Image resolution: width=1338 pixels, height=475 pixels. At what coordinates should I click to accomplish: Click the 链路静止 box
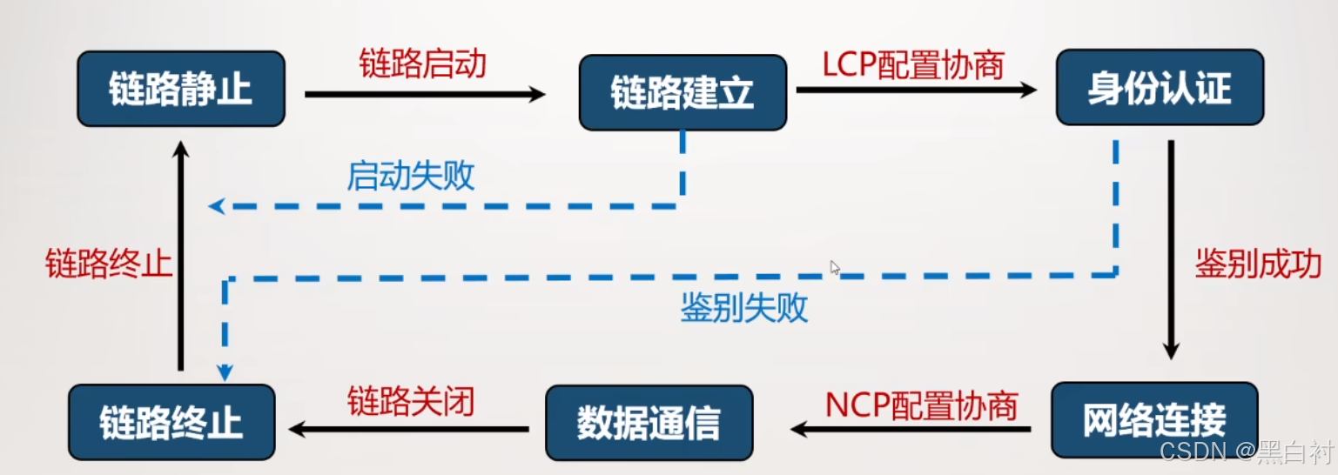tap(180, 89)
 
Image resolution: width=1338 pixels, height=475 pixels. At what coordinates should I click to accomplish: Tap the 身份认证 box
tap(1159, 88)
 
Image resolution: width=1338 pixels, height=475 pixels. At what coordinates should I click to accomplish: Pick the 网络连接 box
tap(1153, 420)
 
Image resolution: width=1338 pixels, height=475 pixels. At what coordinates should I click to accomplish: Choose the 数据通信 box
tap(649, 423)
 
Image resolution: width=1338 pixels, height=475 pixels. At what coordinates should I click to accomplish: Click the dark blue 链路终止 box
tap(171, 423)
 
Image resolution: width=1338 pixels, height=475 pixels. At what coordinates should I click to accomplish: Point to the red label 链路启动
tap(422, 64)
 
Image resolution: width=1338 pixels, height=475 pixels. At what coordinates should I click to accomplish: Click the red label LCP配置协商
tap(913, 64)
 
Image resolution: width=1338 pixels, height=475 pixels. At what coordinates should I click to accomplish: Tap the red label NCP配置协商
tap(921, 405)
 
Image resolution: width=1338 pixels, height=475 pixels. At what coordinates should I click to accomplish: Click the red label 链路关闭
tap(411, 402)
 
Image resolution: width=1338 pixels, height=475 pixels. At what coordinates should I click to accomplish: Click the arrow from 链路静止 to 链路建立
tap(425, 94)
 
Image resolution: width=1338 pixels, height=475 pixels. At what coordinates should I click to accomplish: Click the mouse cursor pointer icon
tap(835, 268)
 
